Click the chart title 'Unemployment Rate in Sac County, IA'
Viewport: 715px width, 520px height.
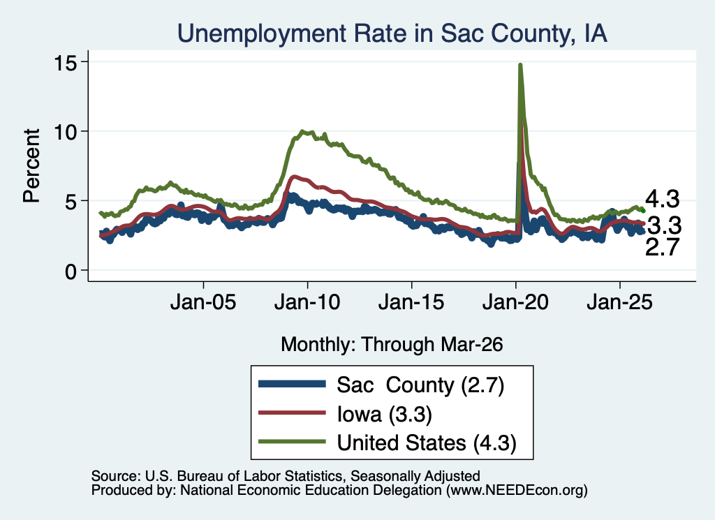[392, 34]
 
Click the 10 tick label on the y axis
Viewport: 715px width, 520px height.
[65, 132]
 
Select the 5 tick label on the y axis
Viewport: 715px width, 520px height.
[71, 202]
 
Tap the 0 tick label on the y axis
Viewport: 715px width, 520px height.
[71, 272]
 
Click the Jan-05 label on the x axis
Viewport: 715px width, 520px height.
[203, 302]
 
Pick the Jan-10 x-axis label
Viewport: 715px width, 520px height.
[307, 302]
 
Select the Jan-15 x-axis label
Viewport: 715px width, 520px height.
[411, 302]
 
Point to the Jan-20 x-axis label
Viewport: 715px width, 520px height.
[515, 302]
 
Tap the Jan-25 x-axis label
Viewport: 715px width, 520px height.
[620, 302]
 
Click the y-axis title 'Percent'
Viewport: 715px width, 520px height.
[31, 165]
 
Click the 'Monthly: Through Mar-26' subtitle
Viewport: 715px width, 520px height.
[392, 345]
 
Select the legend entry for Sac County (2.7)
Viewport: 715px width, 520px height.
[381, 385]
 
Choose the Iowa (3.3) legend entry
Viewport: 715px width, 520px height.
[345, 415]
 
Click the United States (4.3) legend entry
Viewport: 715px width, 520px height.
[388, 443]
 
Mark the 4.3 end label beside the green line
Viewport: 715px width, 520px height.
[663, 199]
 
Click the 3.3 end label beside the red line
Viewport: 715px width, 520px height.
[665, 225]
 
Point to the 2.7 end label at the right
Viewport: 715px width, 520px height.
[663, 247]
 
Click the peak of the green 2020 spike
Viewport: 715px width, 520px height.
[519, 65]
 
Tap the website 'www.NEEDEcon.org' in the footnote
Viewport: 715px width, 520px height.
[517, 491]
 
